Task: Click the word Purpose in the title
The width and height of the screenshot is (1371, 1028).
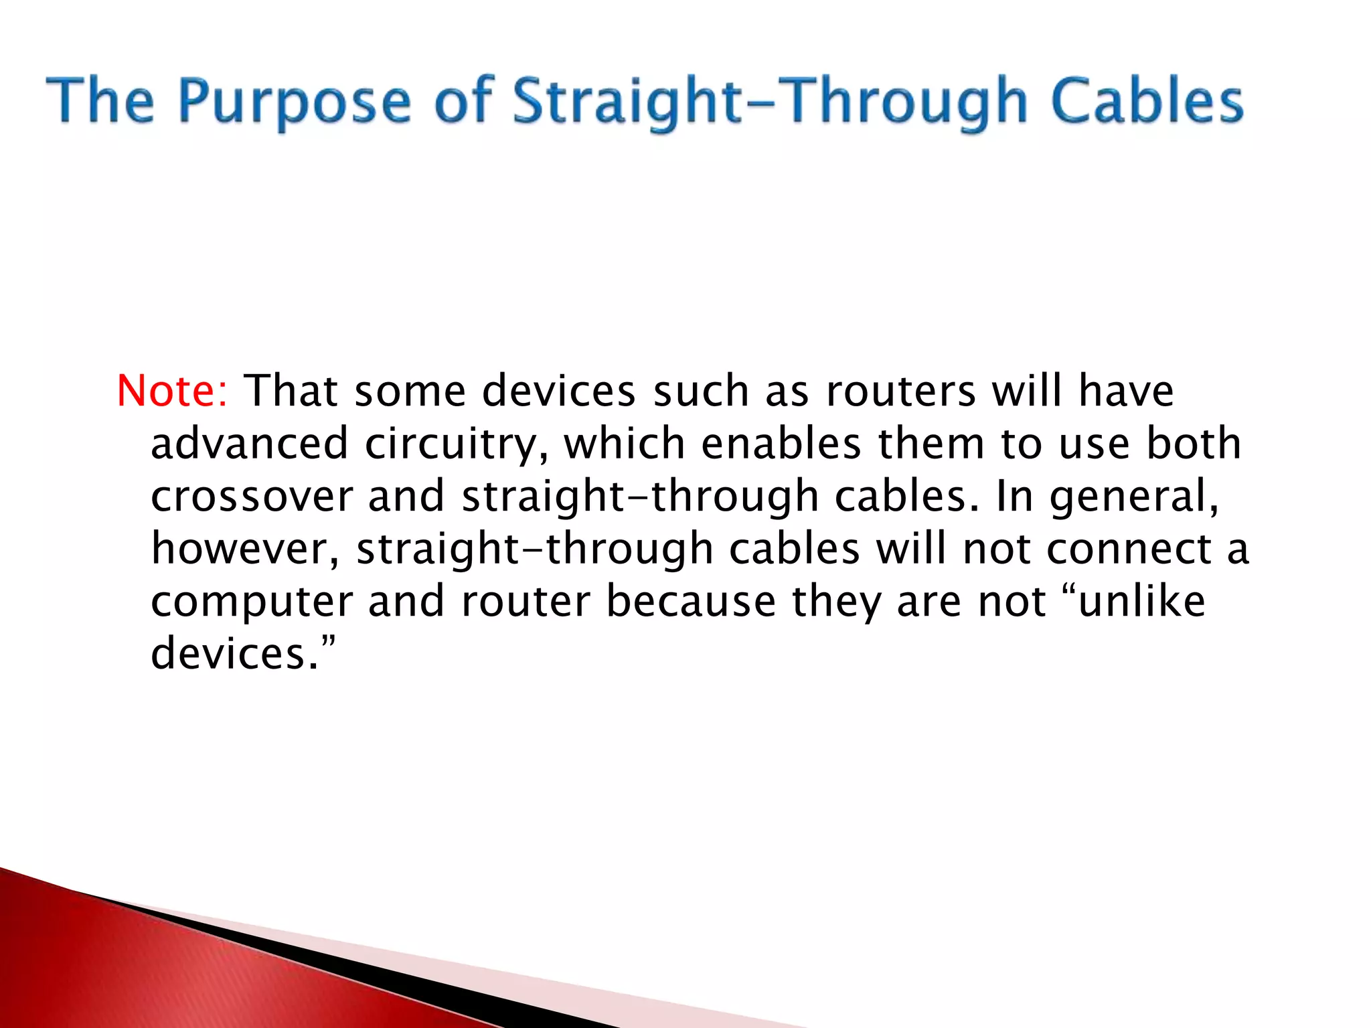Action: pyautogui.click(x=295, y=102)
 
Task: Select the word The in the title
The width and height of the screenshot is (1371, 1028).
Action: pyautogui.click(x=100, y=101)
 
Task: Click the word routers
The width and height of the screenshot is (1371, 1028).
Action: pyautogui.click(x=901, y=391)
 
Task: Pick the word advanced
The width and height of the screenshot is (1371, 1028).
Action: pyautogui.click(x=250, y=444)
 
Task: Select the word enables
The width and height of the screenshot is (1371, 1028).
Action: pyautogui.click(x=781, y=444)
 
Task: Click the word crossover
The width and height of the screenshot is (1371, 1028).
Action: pyautogui.click(x=252, y=497)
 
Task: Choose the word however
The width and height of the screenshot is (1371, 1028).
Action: pyautogui.click(x=245, y=549)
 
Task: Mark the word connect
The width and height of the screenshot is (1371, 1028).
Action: pyautogui.click(x=1129, y=549)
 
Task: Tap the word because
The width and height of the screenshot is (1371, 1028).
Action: pyautogui.click(x=691, y=601)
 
